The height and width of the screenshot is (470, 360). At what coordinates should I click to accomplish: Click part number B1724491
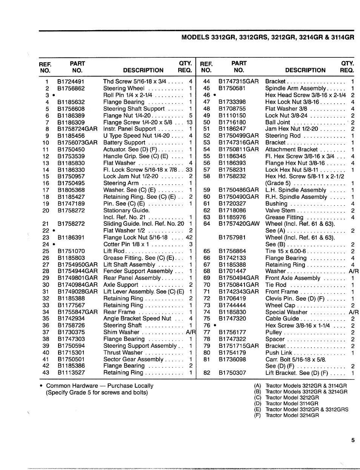click(x=71, y=81)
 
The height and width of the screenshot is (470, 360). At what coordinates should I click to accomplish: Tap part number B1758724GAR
click(x=77, y=129)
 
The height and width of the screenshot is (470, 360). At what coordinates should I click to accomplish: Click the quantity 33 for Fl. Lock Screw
click(x=189, y=170)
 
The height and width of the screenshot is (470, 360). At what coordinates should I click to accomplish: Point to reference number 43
click(x=46, y=373)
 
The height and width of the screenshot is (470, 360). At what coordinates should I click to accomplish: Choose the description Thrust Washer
click(x=123, y=352)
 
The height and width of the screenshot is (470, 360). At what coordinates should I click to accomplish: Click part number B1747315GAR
click(x=238, y=81)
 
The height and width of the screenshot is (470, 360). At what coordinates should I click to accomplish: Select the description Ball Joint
click(x=278, y=122)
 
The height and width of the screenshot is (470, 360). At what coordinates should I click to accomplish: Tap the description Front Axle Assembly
click(x=292, y=278)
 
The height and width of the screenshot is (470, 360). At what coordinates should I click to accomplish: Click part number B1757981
click(x=232, y=238)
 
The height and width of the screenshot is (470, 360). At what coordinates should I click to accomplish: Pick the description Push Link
click(x=278, y=353)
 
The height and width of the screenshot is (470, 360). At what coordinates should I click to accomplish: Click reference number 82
click(x=207, y=373)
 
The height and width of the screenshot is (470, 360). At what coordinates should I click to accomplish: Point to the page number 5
click(x=353, y=440)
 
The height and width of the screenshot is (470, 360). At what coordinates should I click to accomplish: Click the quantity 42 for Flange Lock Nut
click(x=189, y=238)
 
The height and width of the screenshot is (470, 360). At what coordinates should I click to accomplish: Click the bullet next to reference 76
click(x=214, y=325)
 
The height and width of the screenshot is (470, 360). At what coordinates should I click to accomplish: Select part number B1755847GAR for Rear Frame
click(x=77, y=312)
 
